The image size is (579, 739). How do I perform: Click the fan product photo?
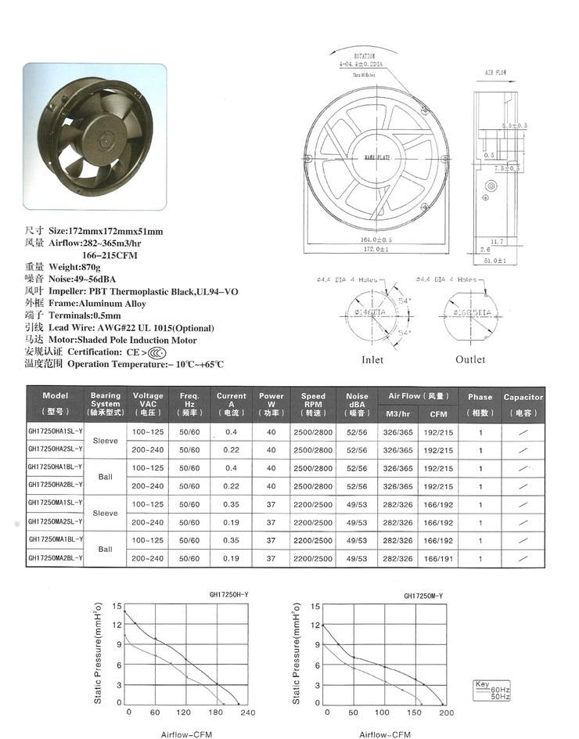[94, 138]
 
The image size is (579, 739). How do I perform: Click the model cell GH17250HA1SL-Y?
[55, 431]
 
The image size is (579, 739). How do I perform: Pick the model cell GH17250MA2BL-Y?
[55, 558]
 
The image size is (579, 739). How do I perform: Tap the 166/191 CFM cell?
[437, 558]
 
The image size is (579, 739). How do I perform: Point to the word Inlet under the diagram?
[372, 360]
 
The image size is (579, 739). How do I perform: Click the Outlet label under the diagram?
[470, 360]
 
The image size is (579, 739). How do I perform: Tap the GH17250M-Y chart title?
[423, 596]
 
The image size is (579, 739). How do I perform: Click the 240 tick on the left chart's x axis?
[248, 712]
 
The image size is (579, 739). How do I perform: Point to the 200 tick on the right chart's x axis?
[446, 712]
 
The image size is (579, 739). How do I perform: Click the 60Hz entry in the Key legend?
[500, 690]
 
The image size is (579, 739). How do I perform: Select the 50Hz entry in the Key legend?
[500, 697]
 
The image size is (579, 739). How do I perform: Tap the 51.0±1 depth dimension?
[494, 259]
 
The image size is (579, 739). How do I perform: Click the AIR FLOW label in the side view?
[496, 72]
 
